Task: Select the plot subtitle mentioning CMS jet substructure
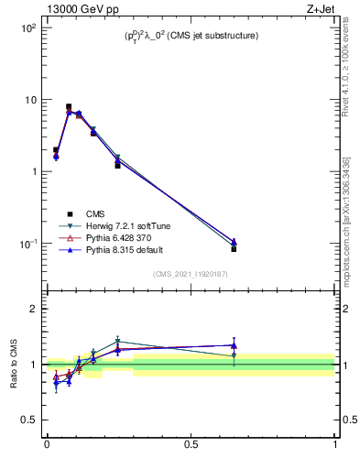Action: (x=191, y=36)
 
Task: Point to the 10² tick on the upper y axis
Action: (x=26, y=27)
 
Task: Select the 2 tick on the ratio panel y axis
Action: (x=33, y=309)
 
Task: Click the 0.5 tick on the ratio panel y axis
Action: (x=28, y=420)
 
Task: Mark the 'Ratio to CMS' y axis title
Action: (x=15, y=365)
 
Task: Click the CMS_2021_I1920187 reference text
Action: (x=191, y=274)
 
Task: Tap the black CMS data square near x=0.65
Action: (x=234, y=249)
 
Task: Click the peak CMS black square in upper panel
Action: (x=69, y=107)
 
